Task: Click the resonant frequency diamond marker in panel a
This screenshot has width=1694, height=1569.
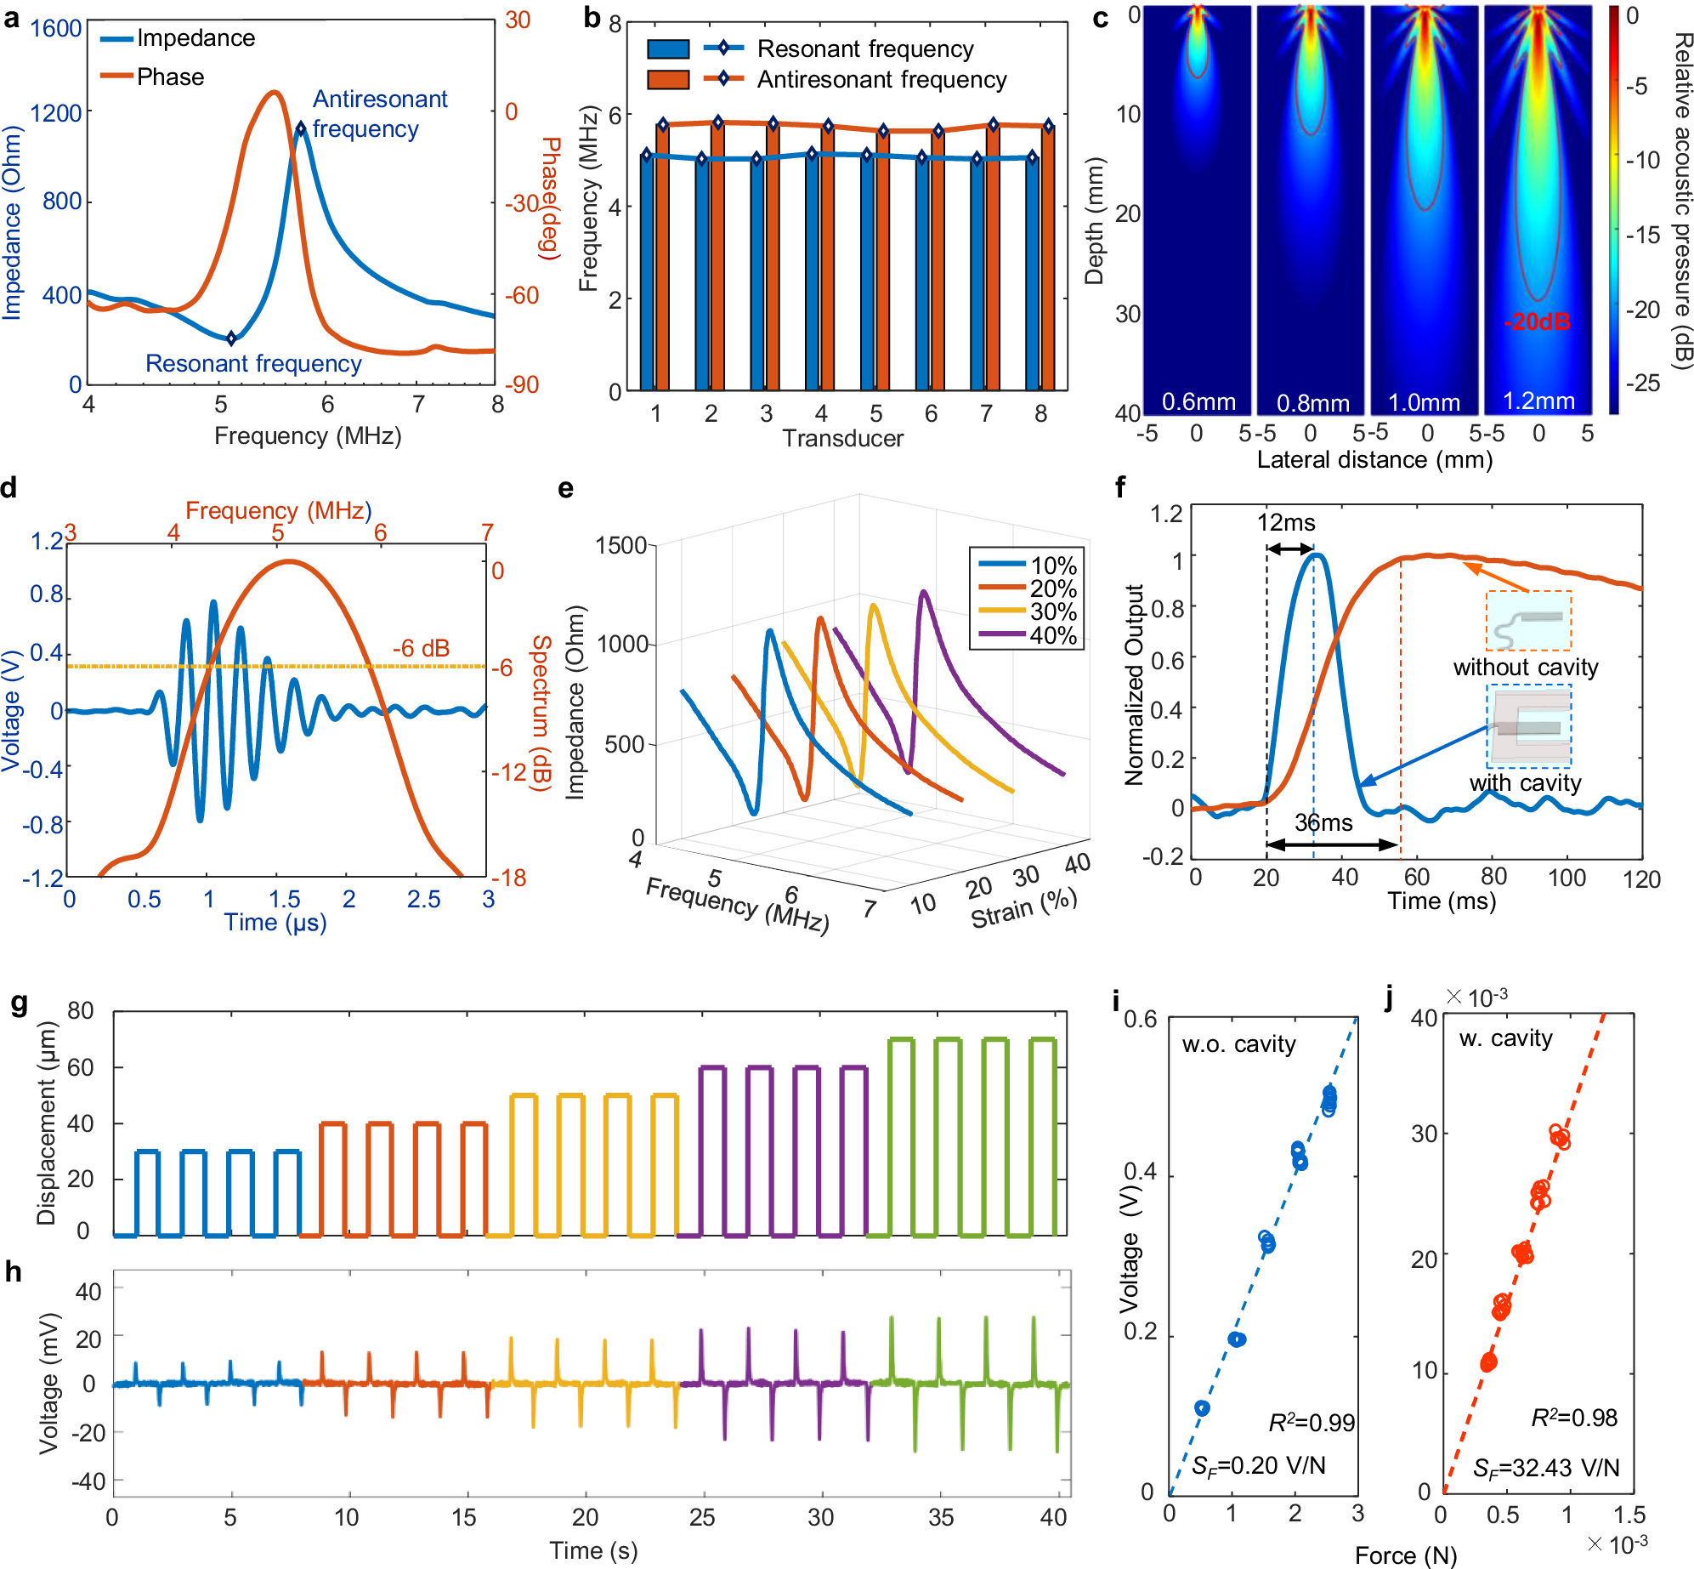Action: pos(231,338)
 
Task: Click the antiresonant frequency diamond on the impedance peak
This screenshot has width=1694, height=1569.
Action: pos(301,129)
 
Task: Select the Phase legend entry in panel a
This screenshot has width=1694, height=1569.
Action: pos(170,77)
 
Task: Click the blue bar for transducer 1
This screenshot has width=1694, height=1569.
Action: pos(648,272)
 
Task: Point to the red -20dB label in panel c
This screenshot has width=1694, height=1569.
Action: pos(1537,322)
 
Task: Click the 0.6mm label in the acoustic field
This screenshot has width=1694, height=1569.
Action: pos(1198,401)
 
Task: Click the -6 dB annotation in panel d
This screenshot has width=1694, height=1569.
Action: pos(421,648)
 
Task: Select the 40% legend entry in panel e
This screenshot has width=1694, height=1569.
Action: pos(1052,635)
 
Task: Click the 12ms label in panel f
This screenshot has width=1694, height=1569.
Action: pos(1286,522)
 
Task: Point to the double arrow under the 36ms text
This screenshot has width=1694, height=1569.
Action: pos(1333,844)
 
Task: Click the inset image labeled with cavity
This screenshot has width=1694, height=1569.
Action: pos(1528,726)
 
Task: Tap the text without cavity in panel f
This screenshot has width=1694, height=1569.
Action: pos(1525,668)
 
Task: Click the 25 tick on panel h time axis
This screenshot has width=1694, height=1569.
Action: pos(702,1517)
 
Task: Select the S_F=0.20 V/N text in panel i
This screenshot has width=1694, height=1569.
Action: pos(1258,1465)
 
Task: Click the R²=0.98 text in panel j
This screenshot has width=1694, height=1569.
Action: pos(1574,1418)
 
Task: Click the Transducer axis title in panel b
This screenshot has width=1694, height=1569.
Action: pos(842,439)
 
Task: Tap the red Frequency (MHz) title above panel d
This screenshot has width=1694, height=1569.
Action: pos(278,510)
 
